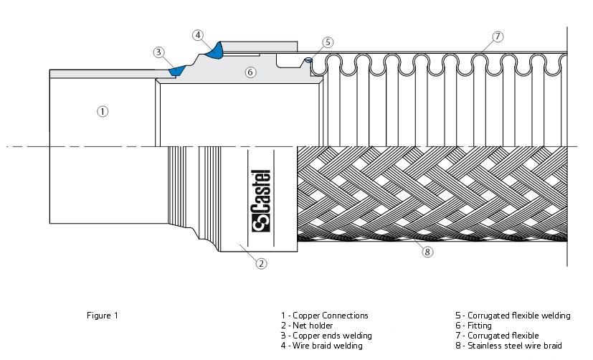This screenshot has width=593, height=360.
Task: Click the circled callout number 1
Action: (103, 111)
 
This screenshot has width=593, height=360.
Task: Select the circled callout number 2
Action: (262, 263)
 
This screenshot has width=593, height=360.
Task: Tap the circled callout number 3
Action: (159, 52)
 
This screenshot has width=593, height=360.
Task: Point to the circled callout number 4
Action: (199, 35)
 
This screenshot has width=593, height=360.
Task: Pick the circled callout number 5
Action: (328, 42)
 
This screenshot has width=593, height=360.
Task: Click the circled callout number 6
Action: (250, 72)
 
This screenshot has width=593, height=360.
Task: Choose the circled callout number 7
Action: (498, 36)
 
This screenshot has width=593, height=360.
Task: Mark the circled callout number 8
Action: (427, 252)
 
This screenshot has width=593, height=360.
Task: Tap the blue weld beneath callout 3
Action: (176, 70)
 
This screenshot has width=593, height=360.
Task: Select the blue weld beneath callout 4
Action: (214, 50)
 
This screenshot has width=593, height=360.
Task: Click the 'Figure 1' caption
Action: (101, 315)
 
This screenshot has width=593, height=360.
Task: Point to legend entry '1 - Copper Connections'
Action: (324, 315)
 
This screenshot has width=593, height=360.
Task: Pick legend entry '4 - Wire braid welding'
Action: (322, 345)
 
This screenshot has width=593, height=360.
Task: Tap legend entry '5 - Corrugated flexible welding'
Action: (513, 315)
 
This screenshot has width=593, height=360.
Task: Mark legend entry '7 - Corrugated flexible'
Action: (497, 335)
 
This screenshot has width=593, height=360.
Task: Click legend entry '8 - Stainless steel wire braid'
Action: (508, 345)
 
